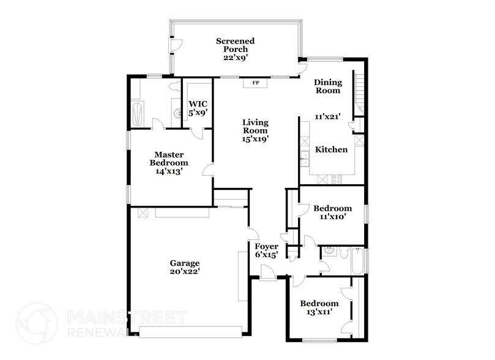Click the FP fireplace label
pyautogui.click(x=256, y=82)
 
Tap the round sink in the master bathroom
pyautogui.click(x=176, y=113)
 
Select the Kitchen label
pyautogui.click(x=332, y=150)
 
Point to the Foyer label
pyautogui.click(x=266, y=247)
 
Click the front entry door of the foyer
pyautogui.click(x=267, y=271)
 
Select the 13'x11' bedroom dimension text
pyautogui.click(x=319, y=312)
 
